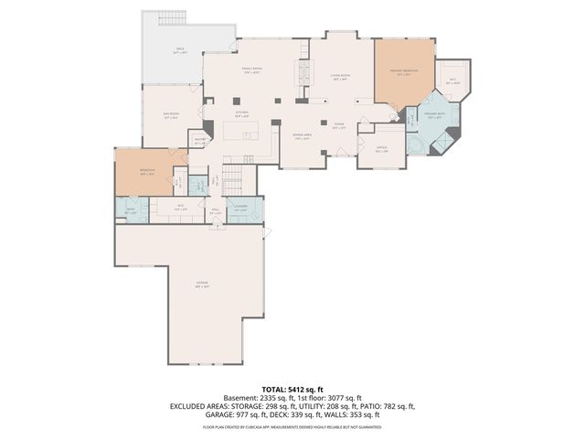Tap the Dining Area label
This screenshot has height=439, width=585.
[302, 135]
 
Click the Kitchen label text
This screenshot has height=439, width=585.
[241, 115]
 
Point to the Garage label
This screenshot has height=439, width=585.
[200, 284]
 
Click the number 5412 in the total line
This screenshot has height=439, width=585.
[298, 389]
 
